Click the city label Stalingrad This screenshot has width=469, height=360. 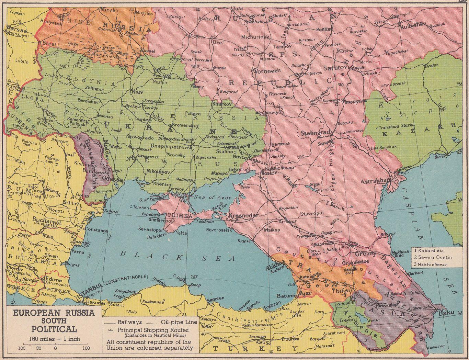(x=315, y=133)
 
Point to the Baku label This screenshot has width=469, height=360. (x=446, y=313)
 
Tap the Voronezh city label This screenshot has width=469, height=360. (x=267, y=71)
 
